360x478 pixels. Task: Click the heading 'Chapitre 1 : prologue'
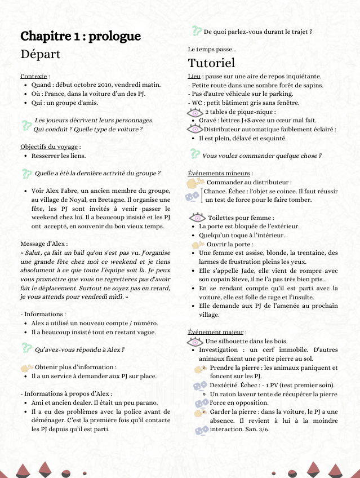81,37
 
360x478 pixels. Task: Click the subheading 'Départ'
40,55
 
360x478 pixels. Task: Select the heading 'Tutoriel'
211,62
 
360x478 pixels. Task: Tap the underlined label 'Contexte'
34,76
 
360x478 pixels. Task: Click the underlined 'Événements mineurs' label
219,174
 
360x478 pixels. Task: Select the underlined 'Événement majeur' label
216,333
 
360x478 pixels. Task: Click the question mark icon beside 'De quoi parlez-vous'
197,32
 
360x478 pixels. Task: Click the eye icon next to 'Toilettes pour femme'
198,218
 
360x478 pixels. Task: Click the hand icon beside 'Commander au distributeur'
195,183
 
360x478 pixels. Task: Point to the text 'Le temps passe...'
212,50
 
